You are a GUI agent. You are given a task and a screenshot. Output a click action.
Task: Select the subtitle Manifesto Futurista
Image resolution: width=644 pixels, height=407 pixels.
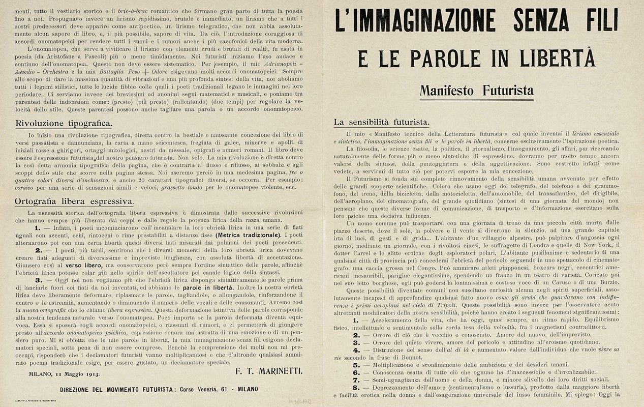(476, 91)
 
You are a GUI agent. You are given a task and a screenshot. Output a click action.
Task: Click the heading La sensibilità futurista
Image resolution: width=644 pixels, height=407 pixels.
(381, 122)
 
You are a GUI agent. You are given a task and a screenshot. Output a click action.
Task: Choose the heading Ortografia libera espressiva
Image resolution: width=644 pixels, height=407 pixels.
(74, 201)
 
